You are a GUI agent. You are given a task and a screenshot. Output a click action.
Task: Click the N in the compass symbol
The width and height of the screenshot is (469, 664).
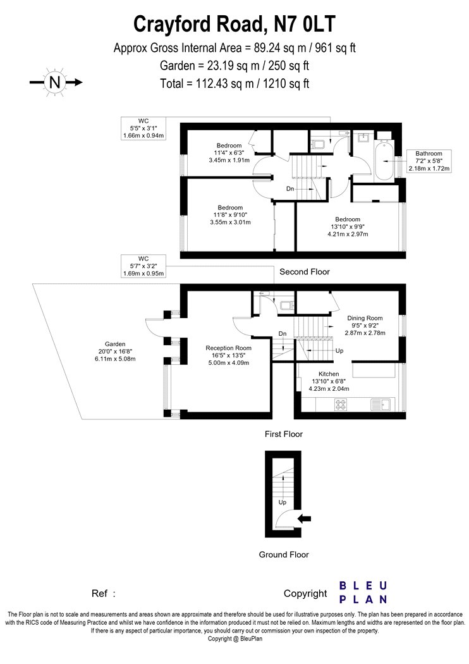point(55,82)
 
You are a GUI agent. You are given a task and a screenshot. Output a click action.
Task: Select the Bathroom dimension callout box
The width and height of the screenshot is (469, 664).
point(429,161)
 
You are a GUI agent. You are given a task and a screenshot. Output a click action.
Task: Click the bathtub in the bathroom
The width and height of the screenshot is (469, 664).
point(384,161)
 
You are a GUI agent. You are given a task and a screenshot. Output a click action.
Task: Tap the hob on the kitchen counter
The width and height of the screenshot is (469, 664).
point(341,405)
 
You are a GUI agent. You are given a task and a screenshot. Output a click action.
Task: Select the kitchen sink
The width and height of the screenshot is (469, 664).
point(381,405)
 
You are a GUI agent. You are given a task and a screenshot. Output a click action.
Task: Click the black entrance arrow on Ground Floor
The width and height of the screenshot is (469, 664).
point(305,519)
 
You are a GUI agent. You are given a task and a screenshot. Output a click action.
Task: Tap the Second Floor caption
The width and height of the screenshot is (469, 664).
point(304,272)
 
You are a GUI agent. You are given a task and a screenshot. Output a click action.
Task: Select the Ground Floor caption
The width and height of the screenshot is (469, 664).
point(284,555)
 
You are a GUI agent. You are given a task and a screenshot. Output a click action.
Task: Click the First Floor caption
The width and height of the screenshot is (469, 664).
point(284,434)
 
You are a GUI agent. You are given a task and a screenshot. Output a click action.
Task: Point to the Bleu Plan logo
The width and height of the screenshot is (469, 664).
point(363,593)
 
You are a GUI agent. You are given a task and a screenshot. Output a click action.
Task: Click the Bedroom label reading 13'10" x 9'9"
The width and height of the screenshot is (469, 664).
point(348,226)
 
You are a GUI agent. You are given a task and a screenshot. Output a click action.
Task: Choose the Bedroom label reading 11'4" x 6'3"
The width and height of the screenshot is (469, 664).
point(229,153)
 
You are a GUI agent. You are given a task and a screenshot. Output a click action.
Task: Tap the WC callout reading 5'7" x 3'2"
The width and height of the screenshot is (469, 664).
point(143,266)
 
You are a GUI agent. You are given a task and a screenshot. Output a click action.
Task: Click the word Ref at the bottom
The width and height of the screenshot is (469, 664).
point(99,594)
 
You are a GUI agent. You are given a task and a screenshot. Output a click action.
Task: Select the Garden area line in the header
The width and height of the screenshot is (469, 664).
point(234,66)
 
